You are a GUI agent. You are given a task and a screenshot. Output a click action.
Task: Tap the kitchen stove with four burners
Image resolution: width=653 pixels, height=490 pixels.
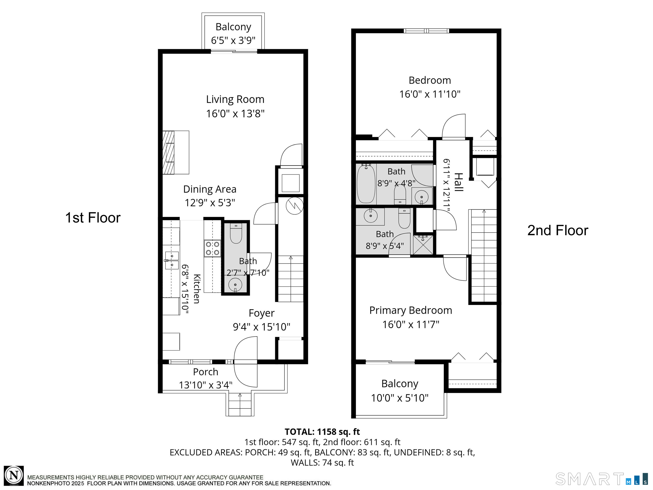pos(213,248)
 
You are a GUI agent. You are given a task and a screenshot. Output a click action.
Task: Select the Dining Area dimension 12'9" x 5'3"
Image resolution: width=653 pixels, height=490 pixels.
pos(210,203)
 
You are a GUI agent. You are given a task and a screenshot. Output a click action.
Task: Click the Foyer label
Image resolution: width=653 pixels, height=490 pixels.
pos(261,313)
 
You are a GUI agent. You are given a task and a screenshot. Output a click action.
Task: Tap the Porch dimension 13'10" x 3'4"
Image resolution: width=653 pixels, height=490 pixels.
pos(206,385)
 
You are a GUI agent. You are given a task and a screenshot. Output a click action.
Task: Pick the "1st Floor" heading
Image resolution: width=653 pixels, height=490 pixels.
pos(93,218)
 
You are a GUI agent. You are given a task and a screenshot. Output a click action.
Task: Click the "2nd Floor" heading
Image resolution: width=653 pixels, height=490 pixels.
pos(558,230)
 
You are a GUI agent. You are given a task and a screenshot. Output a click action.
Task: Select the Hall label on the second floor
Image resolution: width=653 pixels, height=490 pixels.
pos(458,182)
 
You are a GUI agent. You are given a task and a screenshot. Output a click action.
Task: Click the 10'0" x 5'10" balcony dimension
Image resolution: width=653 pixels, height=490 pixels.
pos(400,398)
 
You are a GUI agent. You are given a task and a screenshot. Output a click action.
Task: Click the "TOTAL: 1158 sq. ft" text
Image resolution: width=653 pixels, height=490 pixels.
pos(322,432)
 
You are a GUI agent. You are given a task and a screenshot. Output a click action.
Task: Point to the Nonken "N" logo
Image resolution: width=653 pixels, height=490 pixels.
pos(14,476)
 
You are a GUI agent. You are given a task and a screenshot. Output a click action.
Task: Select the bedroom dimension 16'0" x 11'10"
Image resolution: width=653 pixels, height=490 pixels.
pos(430,94)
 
